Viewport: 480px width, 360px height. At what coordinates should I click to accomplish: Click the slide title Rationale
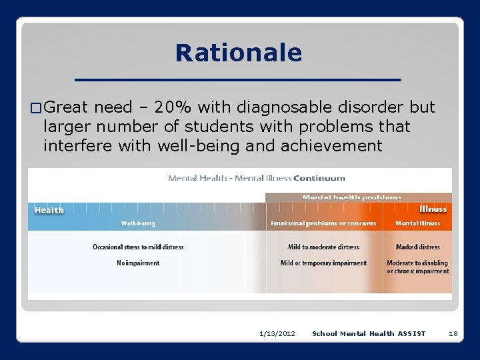click(238, 53)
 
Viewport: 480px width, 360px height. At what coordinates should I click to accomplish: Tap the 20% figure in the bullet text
click(183, 107)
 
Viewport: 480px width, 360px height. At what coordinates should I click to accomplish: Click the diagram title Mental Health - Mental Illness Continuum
click(257, 178)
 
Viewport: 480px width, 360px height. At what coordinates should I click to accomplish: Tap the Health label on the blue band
click(49, 210)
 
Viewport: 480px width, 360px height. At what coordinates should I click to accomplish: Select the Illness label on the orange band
click(433, 209)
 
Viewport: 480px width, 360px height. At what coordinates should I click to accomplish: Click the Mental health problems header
click(351, 197)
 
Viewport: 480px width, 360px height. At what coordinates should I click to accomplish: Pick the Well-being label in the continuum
click(138, 223)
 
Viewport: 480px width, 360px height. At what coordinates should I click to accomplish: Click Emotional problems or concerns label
click(323, 223)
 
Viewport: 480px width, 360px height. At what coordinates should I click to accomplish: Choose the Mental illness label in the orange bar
click(417, 223)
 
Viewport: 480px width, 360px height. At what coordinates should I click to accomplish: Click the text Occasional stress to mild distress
click(138, 247)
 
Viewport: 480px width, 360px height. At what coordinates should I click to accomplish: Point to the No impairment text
click(138, 263)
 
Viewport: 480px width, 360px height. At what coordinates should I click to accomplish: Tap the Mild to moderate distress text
click(323, 247)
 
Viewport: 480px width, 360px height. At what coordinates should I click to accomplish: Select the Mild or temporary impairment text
click(323, 263)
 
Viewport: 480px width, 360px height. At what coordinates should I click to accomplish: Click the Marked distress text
click(417, 247)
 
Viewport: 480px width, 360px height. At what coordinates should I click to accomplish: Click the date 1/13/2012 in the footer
click(277, 333)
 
